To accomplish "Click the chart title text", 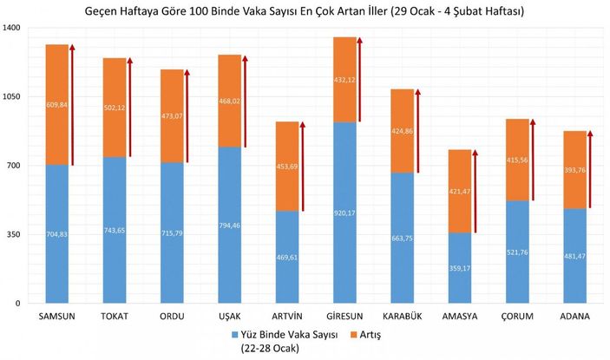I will [305, 11].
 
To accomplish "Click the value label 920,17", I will [344, 212].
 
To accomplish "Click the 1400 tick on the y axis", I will [12, 29].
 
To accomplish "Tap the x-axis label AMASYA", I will [460, 317].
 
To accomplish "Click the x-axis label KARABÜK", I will [402, 317].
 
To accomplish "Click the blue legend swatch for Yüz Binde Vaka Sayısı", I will [235, 334].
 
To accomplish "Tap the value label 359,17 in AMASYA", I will [460, 268].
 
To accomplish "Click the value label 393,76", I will [574, 170].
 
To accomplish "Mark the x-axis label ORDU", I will [172, 317].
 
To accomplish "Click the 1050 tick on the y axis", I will [12, 97].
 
